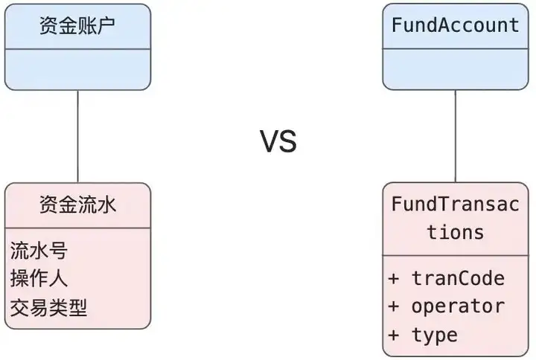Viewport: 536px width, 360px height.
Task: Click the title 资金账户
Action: pyautogui.click(x=77, y=25)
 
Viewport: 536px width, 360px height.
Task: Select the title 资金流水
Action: pyautogui.click(x=78, y=205)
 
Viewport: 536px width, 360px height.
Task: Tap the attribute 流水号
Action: pyautogui.click(x=39, y=251)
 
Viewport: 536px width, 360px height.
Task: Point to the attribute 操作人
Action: pyautogui.click(x=39, y=278)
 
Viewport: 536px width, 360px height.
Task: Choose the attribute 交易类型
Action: pyautogui.click(x=48, y=307)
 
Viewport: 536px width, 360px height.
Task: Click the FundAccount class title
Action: pyautogui.click(x=456, y=25)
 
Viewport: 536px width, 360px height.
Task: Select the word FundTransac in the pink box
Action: pyautogui.click(x=456, y=204)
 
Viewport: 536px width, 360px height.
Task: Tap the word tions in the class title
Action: pyautogui.click(x=456, y=232)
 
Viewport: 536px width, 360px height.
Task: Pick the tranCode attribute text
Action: pyautogui.click(x=458, y=278)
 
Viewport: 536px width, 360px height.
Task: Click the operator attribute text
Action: pyautogui.click(x=458, y=306)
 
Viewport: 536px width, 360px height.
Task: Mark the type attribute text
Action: pyautogui.click(x=435, y=335)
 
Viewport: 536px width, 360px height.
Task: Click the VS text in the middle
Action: pyautogui.click(x=278, y=141)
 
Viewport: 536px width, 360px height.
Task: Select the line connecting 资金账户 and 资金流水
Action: pyautogui.click(x=78, y=137)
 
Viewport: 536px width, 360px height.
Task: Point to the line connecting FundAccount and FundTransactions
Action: pyautogui.click(x=456, y=136)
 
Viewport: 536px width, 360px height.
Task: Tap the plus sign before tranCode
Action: pyautogui.click(x=394, y=279)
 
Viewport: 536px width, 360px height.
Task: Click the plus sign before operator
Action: pyautogui.click(x=394, y=306)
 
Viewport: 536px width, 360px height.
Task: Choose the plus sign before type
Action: pyautogui.click(x=394, y=335)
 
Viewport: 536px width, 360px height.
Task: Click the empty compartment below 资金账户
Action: pyautogui.click(x=77, y=70)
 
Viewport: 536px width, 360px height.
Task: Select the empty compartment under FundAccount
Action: pyautogui.click(x=456, y=69)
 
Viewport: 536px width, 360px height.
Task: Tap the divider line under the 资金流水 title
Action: pyautogui.click(x=77, y=228)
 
